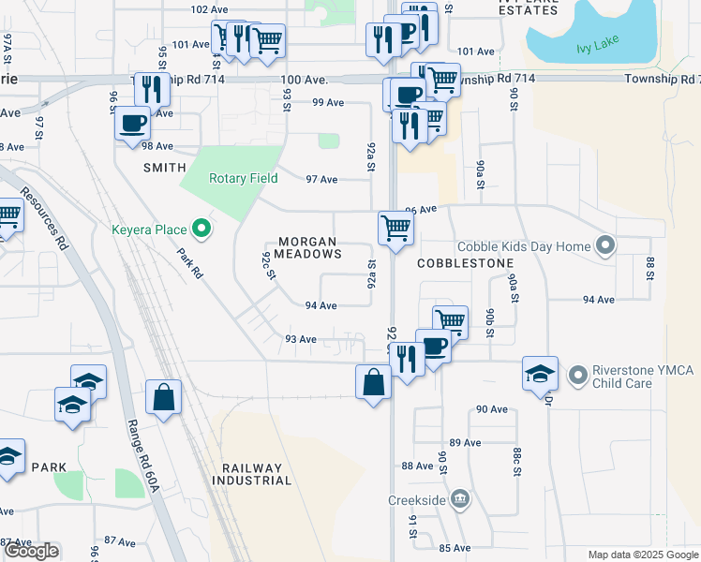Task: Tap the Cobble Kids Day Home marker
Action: tap(605, 246)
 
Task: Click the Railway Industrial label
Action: tap(251, 474)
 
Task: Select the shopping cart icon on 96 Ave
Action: tap(395, 228)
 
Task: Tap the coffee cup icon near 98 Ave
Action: tap(132, 123)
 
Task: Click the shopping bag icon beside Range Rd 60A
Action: tap(164, 395)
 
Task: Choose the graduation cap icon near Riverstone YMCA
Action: tap(540, 374)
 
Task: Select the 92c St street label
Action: tap(269, 265)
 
